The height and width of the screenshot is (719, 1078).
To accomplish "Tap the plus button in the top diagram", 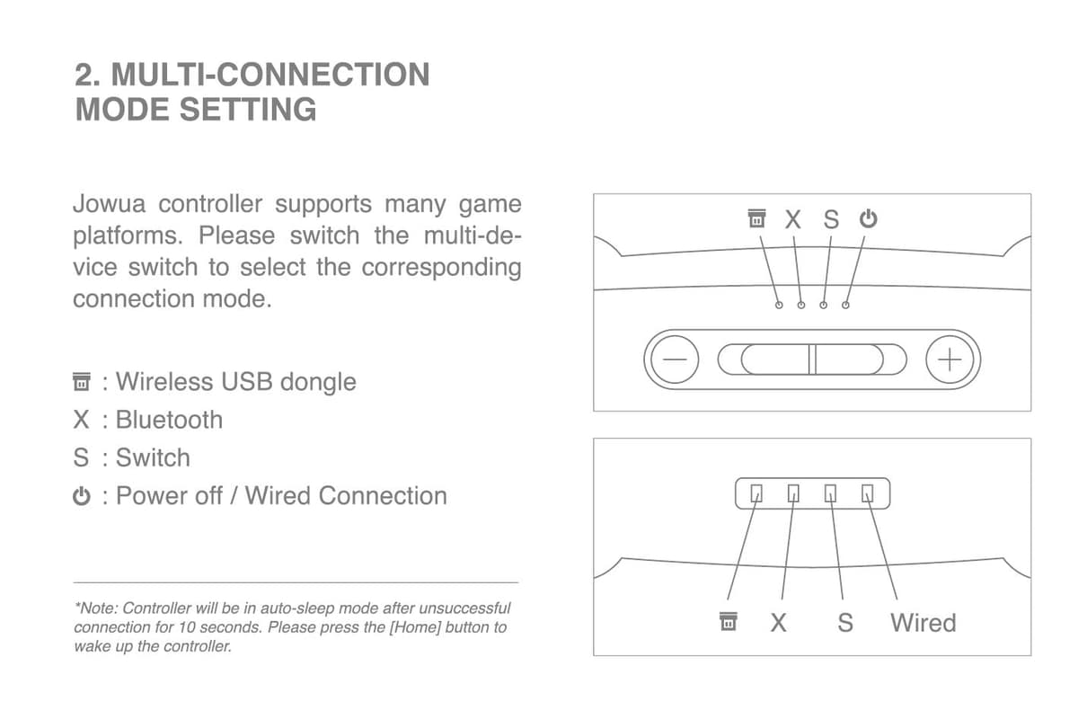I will pos(950,360).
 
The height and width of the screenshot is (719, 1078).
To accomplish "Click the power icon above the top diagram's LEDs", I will pos(867,218).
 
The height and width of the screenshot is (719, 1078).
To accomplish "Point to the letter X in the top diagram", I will pos(792,219).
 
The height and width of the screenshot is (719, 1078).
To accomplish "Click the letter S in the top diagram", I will pos(831,219).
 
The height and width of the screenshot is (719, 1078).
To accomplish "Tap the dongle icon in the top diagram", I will pos(756,218).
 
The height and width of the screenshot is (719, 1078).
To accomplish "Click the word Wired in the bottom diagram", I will pos(923,622).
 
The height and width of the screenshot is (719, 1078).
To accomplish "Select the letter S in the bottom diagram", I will pos(844,622).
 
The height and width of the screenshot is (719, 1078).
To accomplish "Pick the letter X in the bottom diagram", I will pos(778,622).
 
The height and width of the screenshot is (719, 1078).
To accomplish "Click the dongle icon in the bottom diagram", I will pos(729,622).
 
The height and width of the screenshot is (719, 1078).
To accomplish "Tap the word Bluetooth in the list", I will pos(169,420).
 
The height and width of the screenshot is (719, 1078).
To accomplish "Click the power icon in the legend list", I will pos(82,496).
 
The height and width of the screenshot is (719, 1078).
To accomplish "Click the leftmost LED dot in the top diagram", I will pos(779,306).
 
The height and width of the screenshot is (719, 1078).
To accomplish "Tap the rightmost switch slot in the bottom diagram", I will pos(867,493).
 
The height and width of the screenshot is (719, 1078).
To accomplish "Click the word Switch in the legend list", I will pos(153,457).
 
